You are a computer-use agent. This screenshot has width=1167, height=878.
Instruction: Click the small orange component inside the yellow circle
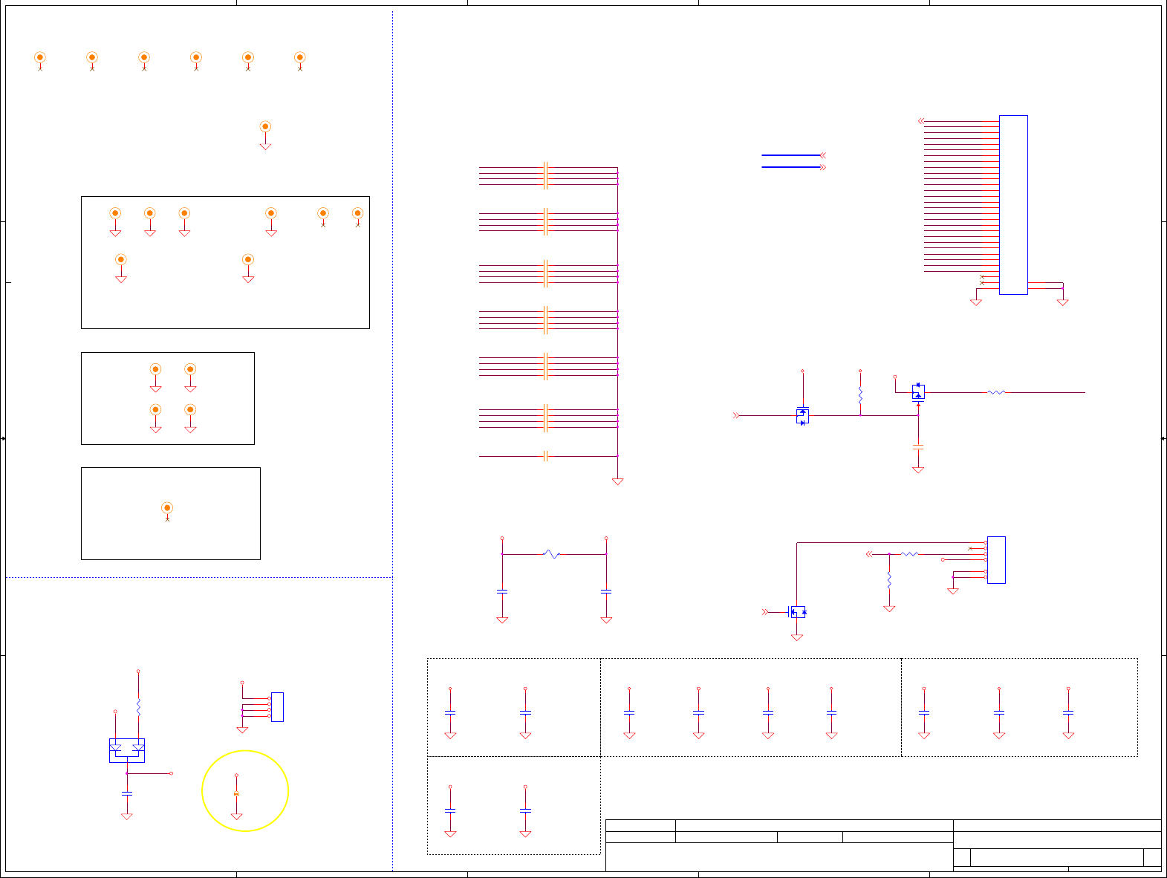coord(236,794)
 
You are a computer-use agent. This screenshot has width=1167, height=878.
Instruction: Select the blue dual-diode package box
coord(127,750)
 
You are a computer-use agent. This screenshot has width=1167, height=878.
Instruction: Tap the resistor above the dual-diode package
coord(138,706)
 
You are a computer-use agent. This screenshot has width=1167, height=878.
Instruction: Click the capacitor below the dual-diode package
coord(127,793)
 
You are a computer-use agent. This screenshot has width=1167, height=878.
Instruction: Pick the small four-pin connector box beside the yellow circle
coord(277,706)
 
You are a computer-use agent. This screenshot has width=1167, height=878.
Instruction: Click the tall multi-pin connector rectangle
coord(1013,205)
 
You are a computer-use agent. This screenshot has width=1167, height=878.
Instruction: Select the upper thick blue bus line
coord(790,155)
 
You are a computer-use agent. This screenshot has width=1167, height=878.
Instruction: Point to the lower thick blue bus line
coord(790,167)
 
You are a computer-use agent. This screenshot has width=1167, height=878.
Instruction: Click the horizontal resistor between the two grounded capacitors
coord(551,554)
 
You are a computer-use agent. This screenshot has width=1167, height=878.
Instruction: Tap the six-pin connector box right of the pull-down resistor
coord(996,559)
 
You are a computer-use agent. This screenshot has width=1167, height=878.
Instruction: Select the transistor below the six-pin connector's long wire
coord(796,612)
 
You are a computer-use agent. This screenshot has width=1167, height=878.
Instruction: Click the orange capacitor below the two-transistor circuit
coord(918,447)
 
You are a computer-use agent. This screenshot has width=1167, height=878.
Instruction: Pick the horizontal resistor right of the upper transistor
coord(996,392)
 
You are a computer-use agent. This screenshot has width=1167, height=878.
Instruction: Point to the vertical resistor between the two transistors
coord(860,394)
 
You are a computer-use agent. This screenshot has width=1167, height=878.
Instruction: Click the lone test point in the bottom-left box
coord(167,508)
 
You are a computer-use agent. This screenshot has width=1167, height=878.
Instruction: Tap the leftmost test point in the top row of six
coord(40,57)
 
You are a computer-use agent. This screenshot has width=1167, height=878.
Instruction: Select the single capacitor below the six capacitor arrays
coord(545,456)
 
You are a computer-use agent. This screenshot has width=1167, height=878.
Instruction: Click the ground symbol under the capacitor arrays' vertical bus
coord(617,481)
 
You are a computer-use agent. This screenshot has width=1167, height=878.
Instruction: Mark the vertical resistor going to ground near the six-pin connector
coord(889,580)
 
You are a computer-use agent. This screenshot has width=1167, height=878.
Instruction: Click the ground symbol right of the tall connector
coord(1062,302)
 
